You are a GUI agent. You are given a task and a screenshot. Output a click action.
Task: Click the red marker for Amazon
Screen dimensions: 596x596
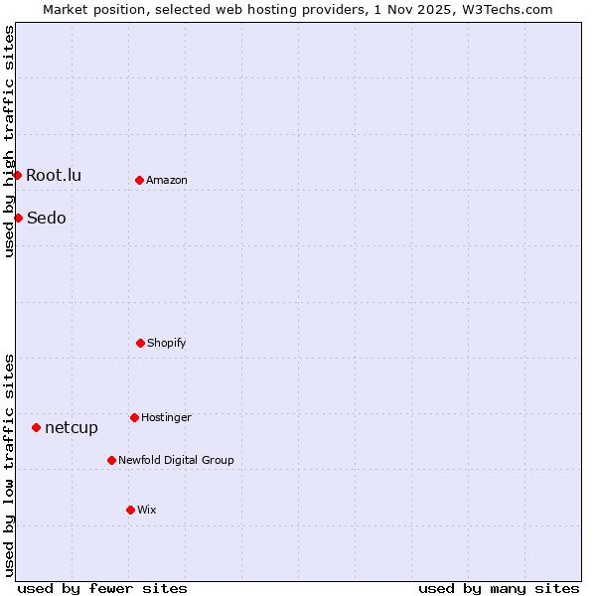click(139, 180)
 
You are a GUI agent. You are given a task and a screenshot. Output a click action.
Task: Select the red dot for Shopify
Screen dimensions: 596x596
click(140, 343)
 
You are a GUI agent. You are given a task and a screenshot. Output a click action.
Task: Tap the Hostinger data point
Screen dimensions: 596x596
click(134, 417)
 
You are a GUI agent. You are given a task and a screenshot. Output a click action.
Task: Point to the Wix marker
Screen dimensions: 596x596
click(130, 510)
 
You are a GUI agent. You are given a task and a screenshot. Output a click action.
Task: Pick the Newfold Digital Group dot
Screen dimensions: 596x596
click(111, 460)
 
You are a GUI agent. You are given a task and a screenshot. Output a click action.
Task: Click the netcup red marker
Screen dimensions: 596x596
click(36, 427)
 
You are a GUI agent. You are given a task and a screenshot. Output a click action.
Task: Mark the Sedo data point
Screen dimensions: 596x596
click(18, 218)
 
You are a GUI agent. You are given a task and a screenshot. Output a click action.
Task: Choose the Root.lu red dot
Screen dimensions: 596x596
click(17, 175)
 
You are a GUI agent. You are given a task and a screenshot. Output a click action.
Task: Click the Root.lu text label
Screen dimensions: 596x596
click(54, 176)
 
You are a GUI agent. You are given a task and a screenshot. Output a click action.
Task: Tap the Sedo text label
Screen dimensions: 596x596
click(47, 219)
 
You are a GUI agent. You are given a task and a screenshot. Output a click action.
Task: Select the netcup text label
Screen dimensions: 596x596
click(72, 428)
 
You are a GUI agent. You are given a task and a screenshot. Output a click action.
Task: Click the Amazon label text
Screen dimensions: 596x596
click(167, 181)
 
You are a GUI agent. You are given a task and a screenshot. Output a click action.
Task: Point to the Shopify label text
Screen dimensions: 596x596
click(167, 344)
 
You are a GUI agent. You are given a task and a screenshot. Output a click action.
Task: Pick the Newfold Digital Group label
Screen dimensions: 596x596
click(176, 461)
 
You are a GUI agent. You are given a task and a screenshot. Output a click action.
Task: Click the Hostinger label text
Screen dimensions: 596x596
click(166, 418)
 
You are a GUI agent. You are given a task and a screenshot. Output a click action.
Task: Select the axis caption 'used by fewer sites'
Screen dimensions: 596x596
click(102, 588)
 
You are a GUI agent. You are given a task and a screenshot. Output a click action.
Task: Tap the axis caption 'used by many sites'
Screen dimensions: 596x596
click(499, 588)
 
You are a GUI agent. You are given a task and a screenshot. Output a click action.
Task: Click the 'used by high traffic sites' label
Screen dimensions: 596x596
click(9, 141)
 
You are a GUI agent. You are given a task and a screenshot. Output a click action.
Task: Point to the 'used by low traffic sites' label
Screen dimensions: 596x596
click(9, 464)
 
